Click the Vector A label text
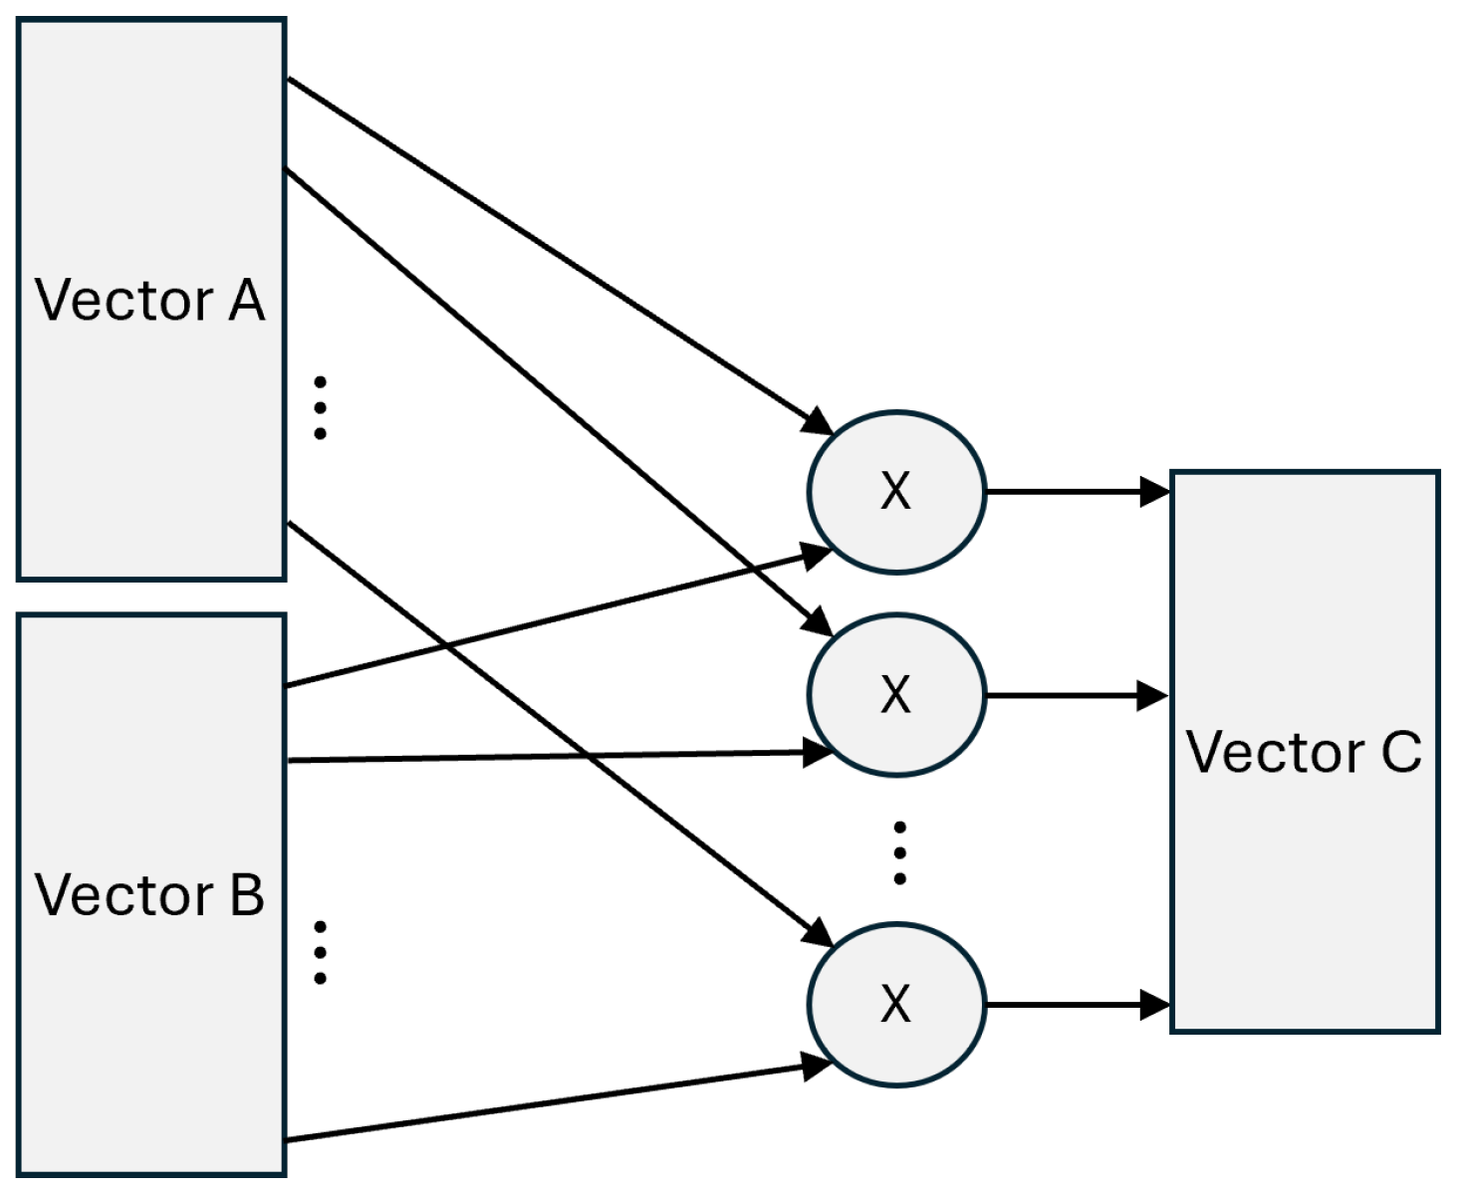click(x=149, y=301)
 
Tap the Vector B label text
click(x=149, y=895)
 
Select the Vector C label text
click(x=1304, y=752)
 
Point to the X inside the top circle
click(x=895, y=491)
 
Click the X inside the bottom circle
click(x=895, y=1004)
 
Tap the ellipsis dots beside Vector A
click(x=321, y=407)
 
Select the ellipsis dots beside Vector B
click(x=321, y=952)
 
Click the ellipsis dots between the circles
click(x=899, y=852)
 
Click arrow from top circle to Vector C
click(x=1076, y=491)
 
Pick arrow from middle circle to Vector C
click(x=1076, y=695)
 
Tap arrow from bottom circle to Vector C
click(x=1076, y=1005)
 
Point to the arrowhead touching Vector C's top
click(x=1155, y=491)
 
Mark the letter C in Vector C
click(x=1401, y=752)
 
